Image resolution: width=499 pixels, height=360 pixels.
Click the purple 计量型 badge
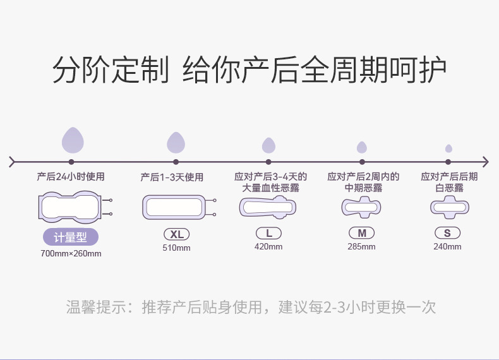[x=70, y=237]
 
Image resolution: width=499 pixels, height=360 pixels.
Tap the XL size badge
[x=176, y=234]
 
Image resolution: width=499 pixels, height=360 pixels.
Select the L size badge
[x=268, y=233]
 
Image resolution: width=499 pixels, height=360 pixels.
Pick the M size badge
[x=361, y=233]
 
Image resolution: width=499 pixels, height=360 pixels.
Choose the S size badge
[x=447, y=233]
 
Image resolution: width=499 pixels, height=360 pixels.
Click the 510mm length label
[x=176, y=248]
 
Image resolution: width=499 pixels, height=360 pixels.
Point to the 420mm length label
[x=268, y=246]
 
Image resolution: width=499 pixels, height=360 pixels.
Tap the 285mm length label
[x=361, y=246]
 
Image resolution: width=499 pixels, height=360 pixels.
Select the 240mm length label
[x=447, y=246]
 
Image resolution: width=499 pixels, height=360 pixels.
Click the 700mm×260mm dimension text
[x=70, y=254]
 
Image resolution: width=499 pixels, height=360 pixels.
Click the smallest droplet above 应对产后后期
[x=448, y=148]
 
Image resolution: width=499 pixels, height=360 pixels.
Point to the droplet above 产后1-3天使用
[x=176, y=143]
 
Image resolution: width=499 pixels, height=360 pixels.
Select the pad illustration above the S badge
[x=448, y=207]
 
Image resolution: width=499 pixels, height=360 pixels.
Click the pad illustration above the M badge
[x=361, y=207]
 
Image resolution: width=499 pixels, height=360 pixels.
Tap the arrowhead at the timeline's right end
[x=484, y=162]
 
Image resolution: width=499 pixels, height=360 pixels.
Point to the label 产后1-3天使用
[x=172, y=177]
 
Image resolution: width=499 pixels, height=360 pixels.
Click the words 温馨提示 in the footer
[x=95, y=308]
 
